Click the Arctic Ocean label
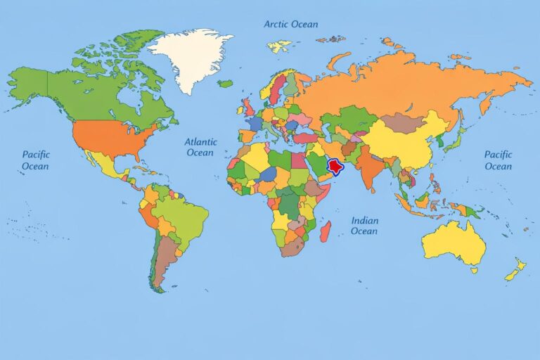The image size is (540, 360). pyautogui.click(x=290, y=24)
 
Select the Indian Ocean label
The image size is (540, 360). pyautogui.click(x=364, y=226)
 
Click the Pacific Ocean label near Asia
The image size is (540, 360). pyautogui.click(x=498, y=160)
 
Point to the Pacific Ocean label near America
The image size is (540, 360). pyautogui.click(x=35, y=160)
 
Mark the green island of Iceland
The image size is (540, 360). pyautogui.click(x=224, y=84)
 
